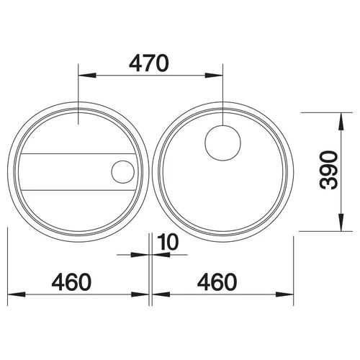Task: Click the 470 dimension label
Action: pyautogui.click(x=149, y=63)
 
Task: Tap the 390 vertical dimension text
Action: pyautogui.click(x=328, y=170)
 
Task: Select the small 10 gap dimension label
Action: pyautogui.click(x=168, y=242)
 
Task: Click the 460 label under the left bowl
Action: pyautogui.click(x=71, y=282)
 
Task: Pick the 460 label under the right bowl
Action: pyautogui.click(x=217, y=282)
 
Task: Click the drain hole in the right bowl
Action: pyautogui.click(x=222, y=143)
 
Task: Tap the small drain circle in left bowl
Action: pyautogui.click(x=123, y=172)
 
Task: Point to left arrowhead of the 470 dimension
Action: pyautogui.click(x=87, y=76)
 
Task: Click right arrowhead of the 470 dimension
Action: pyautogui.click(x=214, y=76)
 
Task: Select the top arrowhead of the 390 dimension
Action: pyautogui.click(x=341, y=122)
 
